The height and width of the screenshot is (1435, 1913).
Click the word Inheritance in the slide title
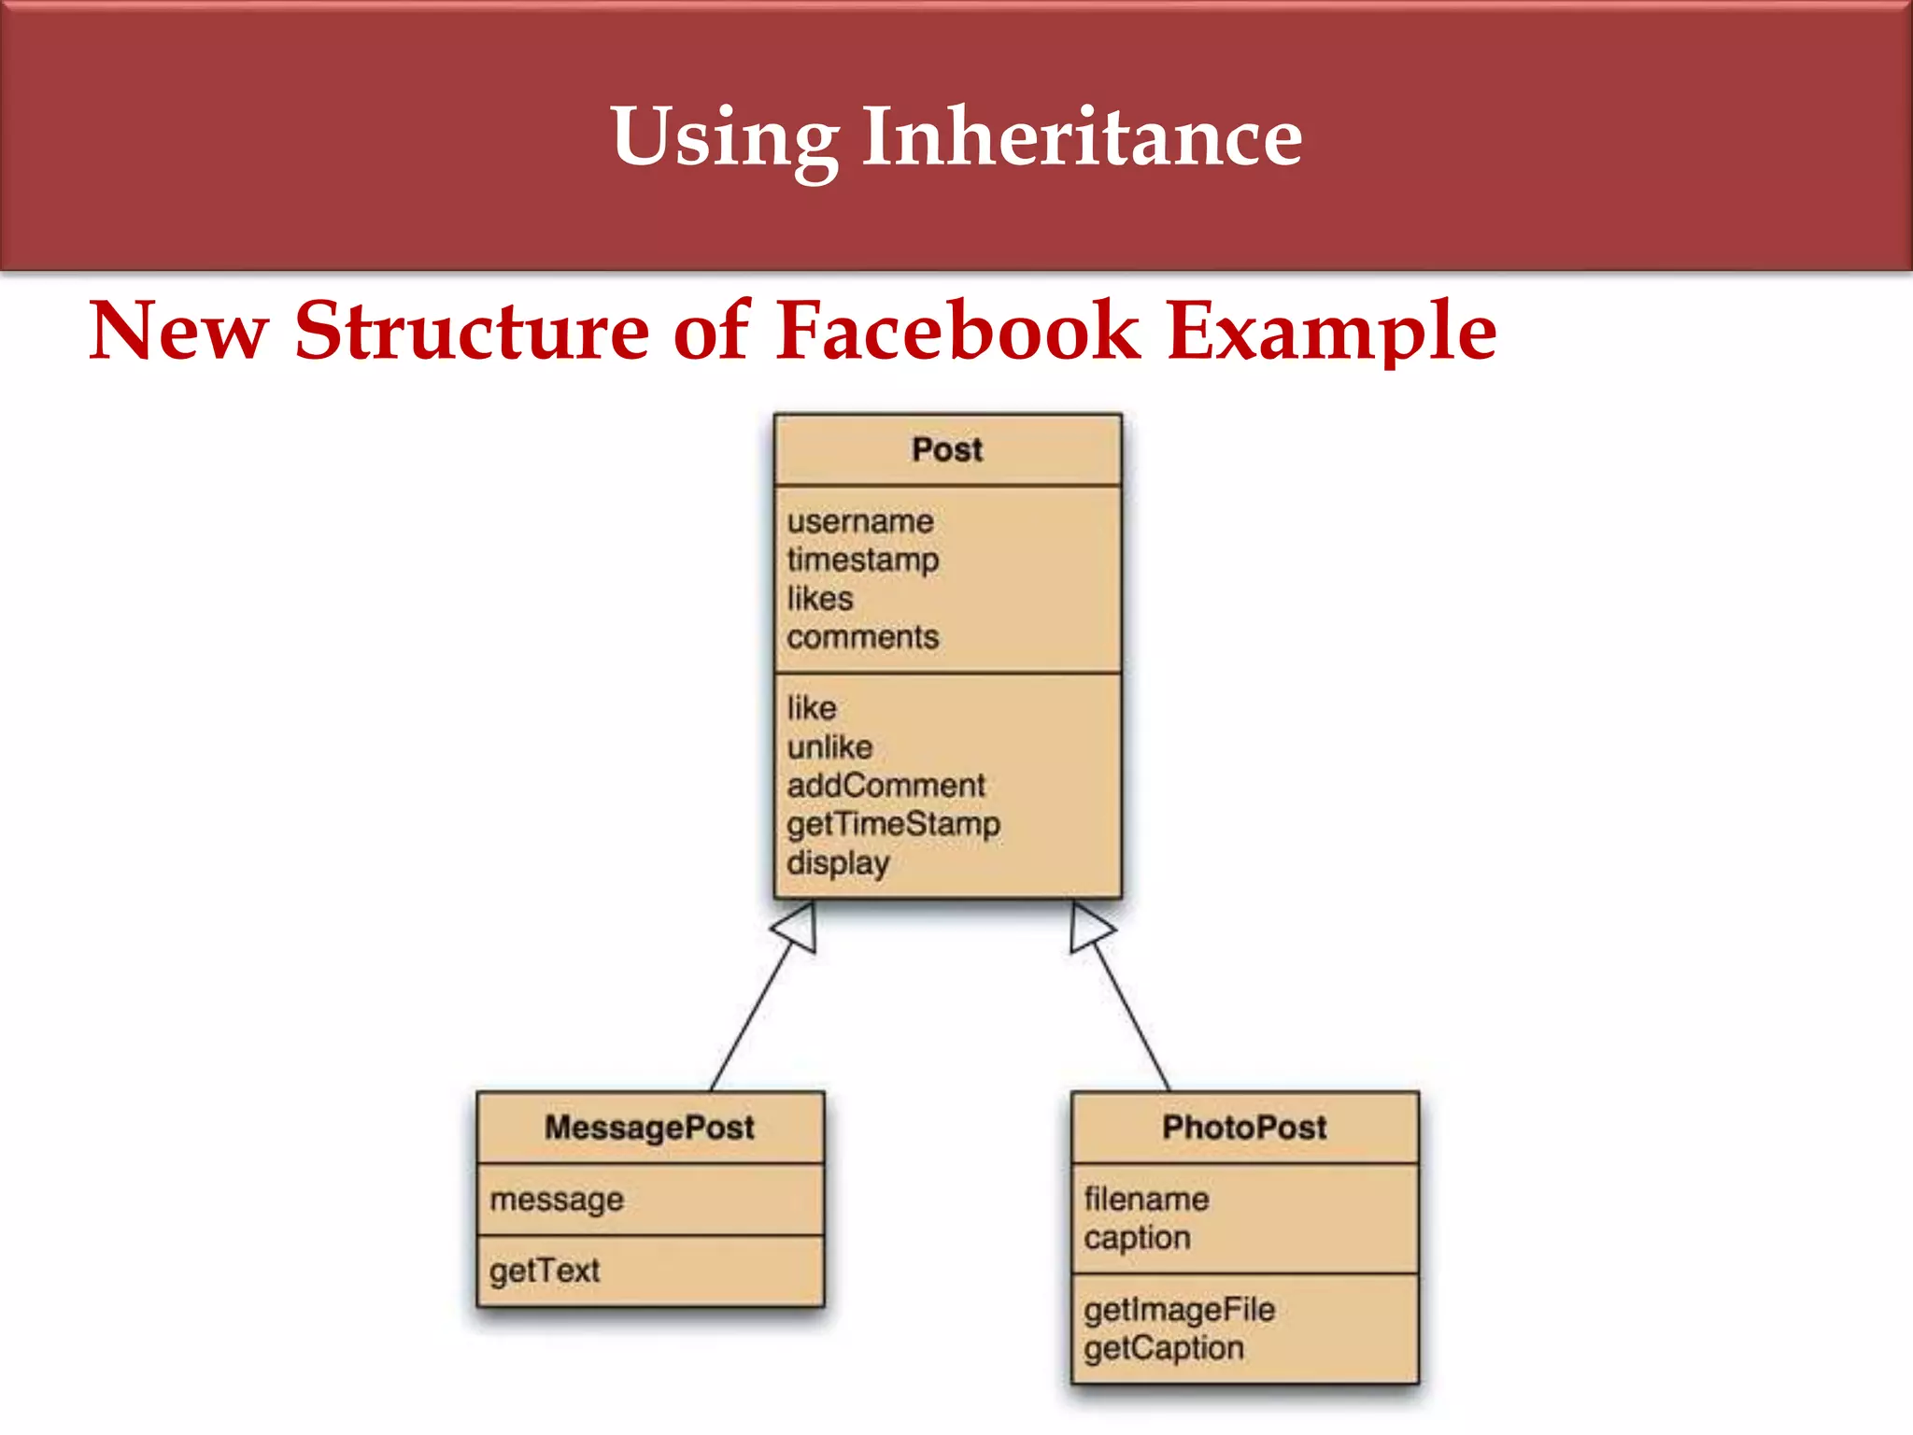coord(1081,137)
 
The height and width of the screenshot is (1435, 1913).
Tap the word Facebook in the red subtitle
coord(957,331)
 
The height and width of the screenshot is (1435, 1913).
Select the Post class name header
coord(947,449)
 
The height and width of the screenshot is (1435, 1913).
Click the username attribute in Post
coord(859,521)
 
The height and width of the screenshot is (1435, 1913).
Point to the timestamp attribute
coord(862,560)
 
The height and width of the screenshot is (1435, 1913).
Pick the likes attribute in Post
coord(819,599)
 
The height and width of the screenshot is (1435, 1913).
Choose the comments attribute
coord(862,637)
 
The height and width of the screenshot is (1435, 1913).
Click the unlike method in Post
coord(829,747)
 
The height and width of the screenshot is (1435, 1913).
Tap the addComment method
coord(885,786)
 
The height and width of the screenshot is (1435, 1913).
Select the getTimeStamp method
coord(892,824)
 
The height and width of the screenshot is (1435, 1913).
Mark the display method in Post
coord(837,863)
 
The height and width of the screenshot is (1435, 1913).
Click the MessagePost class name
coord(649,1128)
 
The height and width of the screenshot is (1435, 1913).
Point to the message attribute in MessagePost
coord(556,1200)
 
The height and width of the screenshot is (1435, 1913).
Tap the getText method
coord(544,1271)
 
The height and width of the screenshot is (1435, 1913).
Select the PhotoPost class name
coord(1244,1128)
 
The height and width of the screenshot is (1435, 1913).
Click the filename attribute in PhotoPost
coord(1146,1200)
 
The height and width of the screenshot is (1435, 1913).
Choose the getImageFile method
coord(1179,1310)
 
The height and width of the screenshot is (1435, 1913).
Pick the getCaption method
coord(1163,1348)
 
